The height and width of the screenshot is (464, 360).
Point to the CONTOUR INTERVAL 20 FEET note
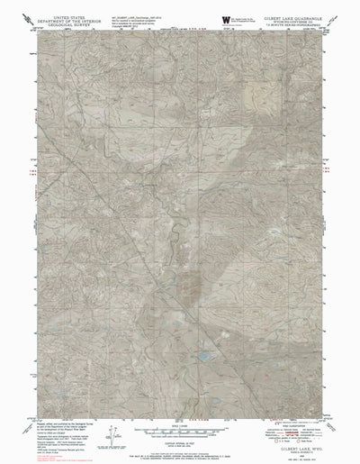point(181,437)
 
